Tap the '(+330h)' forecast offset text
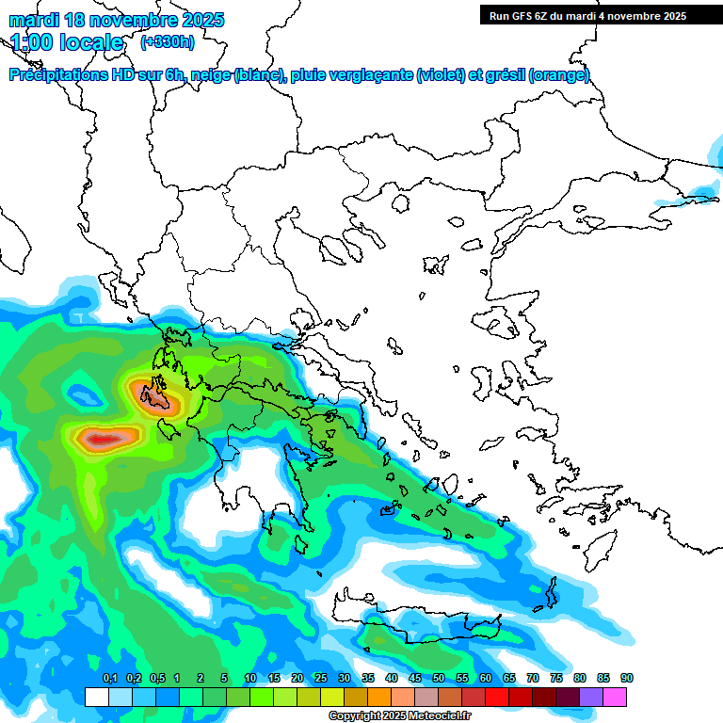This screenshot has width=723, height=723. (168, 41)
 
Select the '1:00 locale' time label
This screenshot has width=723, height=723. (67, 42)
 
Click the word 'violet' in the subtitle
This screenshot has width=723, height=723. (439, 75)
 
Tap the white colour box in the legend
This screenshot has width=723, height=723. (96, 697)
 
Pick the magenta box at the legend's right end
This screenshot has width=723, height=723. (615, 697)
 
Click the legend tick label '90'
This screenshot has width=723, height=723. (627, 678)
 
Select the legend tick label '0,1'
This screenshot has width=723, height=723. (109, 678)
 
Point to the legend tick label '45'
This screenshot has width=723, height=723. (415, 678)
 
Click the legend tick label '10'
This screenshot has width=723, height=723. (250, 678)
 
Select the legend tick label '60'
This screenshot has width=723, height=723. (486, 678)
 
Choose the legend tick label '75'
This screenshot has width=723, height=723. (556, 678)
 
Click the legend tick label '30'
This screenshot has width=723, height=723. (345, 678)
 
